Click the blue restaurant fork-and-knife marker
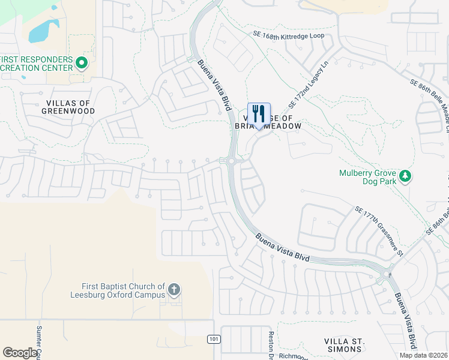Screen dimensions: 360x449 259,114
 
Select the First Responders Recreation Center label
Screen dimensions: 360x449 37,64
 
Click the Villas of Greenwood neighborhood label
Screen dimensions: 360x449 68,107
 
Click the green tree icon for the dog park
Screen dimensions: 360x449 406,176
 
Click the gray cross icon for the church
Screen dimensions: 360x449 174,290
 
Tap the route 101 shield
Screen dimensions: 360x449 214,340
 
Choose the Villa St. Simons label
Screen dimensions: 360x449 344,344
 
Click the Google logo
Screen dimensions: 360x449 20,353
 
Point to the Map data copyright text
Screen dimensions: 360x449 423,355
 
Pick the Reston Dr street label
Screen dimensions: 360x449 271,344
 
